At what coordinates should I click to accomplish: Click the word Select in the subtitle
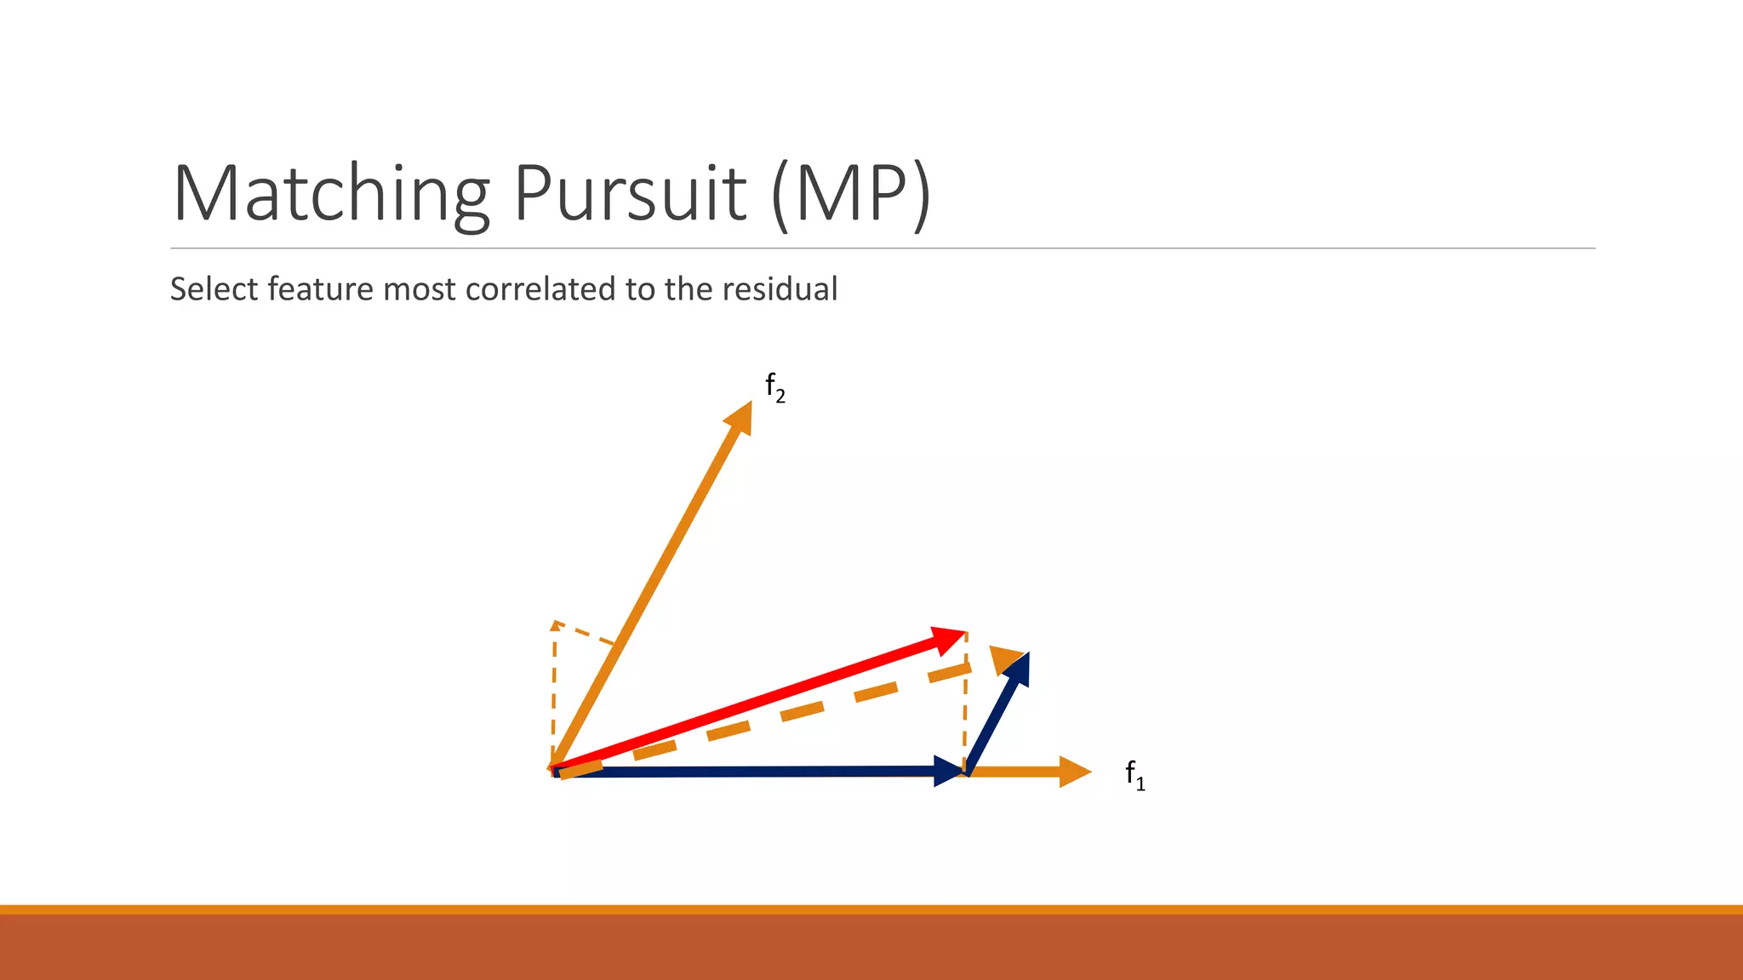pyautogui.click(x=214, y=289)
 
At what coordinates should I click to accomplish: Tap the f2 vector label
pyautogui.click(x=774, y=387)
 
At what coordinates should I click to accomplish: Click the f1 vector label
pyautogui.click(x=1134, y=774)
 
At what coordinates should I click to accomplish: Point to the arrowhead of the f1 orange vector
pyautogui.click(x=1075, y=772)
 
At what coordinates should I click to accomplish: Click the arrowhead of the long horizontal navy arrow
pyautogui.click(x=948, y=771)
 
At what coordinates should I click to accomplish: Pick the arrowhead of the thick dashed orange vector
pyautogui.click(x=1007, y=659)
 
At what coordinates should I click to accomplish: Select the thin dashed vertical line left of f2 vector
pyautogui.click(x=554, y=689)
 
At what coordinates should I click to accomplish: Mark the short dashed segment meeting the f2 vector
pyautogui.click(x=585, y=633)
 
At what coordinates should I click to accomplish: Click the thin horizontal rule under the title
pyautogui.click(x=883, y=248)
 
